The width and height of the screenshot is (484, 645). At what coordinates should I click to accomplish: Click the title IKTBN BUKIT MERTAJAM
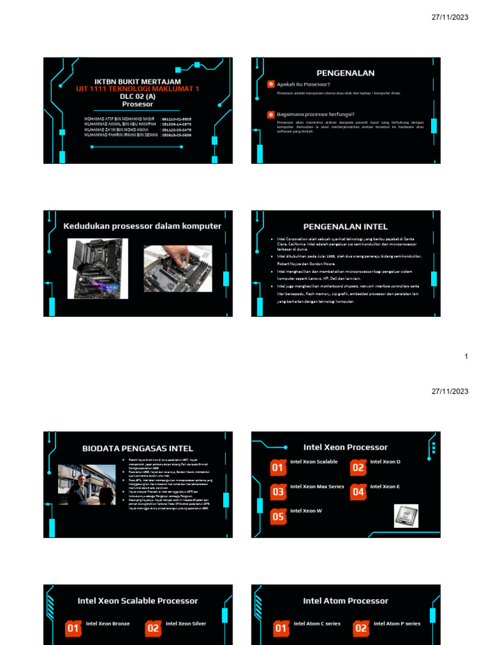point(137,82)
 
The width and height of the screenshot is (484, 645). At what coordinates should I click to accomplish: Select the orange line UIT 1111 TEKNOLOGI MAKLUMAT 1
point(137,89)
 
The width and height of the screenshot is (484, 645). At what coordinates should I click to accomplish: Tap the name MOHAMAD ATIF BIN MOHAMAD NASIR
point(119,118)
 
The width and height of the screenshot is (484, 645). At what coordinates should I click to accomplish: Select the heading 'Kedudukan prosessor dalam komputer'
point(142,226)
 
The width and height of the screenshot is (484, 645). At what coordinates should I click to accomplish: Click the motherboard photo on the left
point(98,268)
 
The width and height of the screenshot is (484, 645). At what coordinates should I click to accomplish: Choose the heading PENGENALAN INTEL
point(345,227)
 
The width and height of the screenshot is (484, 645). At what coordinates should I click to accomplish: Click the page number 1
point(466,357)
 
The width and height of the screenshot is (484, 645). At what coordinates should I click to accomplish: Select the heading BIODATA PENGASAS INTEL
point(137,448)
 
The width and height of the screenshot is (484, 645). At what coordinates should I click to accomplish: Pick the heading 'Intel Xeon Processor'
point(345,447)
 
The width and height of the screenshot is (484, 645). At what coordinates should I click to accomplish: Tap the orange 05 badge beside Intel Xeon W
point(278,517)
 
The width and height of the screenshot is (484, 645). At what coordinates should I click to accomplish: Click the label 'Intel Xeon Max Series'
point(317,487)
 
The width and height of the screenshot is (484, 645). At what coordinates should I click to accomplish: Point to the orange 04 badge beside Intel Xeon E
point(358,492)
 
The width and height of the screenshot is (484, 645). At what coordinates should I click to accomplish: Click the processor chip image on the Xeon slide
point(406,515)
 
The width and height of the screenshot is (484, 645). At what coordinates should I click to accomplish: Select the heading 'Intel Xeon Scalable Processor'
point(137,601)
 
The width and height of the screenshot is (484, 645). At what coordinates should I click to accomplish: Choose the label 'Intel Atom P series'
point(396,624)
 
